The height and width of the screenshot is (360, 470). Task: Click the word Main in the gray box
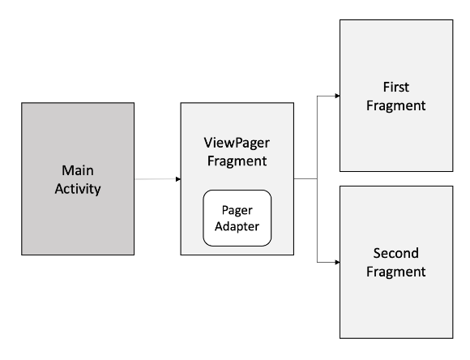pyautogui.click(x=78, y=170)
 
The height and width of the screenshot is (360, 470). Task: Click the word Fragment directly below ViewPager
pyautogui.click(x=236, y=162)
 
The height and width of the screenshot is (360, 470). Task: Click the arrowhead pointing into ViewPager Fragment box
pyautogui.click(x=177, y=179)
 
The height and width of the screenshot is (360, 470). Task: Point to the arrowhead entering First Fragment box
pyautogui.click(x=336, y=95)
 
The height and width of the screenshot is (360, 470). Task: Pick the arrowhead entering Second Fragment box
pyautogui.click(x=336, y=262)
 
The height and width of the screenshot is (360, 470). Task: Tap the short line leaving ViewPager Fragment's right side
pyautogui.click(x=305, y=179)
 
